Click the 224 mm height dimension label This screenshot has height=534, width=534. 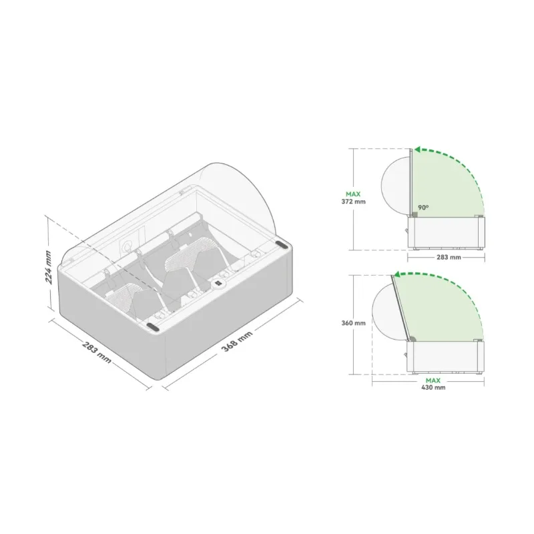click(48, 267)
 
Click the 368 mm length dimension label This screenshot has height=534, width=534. click(237, 341)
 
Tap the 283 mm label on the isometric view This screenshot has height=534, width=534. click(97, 352)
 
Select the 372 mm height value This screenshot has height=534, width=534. click(354, 202)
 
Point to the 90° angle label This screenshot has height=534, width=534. click(423, 208)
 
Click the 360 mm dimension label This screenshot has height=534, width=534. click(354, 323)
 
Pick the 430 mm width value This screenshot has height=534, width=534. click(433, 387)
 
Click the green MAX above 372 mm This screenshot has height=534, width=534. click(353, 194)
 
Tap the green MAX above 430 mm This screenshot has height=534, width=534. click(433, 380)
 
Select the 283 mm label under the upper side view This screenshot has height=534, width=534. click(449, 257)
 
